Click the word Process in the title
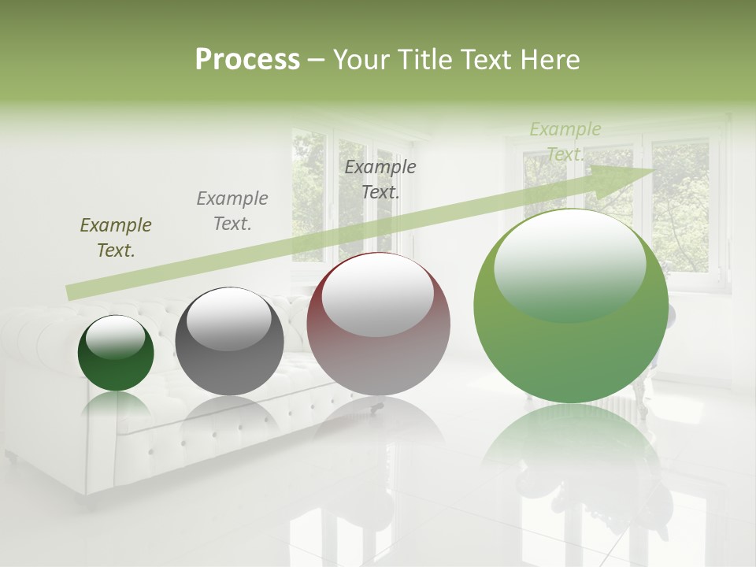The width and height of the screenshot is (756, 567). tap(247, 59)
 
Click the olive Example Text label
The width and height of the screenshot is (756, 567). tap(116, 238)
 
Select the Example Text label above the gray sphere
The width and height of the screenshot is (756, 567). tap(232, 211)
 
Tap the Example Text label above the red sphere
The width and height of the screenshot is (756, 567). tap(380, 179)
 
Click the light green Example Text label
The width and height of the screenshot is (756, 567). tap(565, 141)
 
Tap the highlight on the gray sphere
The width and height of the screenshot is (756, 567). tap(229, 317)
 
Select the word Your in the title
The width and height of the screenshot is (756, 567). tap(358, 59)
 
